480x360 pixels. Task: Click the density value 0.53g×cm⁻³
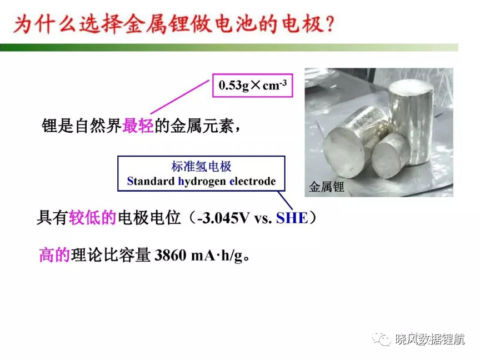(x=253, y=85)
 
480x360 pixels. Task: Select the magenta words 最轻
(x=138, y=126)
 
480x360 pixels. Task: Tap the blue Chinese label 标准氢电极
(x=201, y=167)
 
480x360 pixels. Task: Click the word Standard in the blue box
(x=151, y=181)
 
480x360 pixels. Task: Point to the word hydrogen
(x=202, y=182)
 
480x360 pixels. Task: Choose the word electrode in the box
(x=253, y=181)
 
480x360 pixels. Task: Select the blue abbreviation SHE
(x=292, y=218)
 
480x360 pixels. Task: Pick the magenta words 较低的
(x=92, y=218)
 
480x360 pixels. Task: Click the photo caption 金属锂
(x=326, y=187)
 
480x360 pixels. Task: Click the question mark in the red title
(x=329, y=24)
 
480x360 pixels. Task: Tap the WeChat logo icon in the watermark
(x=382, y=338)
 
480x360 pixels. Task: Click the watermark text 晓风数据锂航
(x=430, y=339)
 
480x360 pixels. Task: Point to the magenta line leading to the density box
(x=180, y=97)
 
